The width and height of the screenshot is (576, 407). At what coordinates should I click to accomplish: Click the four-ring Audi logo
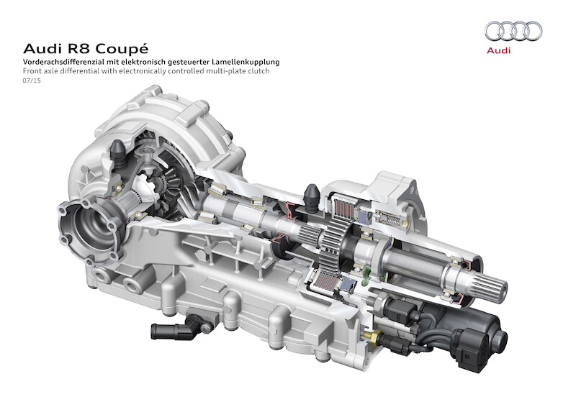(513, 31)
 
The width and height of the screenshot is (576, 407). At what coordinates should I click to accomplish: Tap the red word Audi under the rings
(498, 50)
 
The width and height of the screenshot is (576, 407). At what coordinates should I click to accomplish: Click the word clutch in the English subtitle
(258, 71)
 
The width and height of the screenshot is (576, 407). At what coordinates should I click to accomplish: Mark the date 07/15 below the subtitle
(32, 81)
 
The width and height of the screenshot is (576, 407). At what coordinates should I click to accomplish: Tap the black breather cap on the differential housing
(118, 152)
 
